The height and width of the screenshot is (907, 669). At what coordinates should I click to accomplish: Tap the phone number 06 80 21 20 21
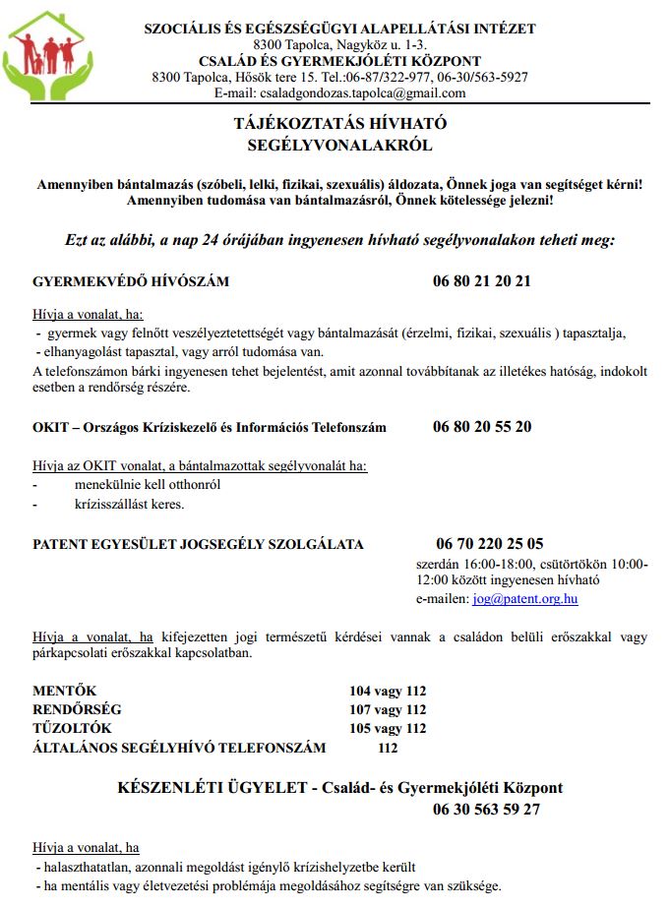coord(482,281)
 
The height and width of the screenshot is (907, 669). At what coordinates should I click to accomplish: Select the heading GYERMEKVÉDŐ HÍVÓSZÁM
coord(131,281)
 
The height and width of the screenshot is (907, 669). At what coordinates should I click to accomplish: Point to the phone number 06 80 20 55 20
coord(482,427)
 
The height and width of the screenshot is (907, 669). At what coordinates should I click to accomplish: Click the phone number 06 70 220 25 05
coord(490,544)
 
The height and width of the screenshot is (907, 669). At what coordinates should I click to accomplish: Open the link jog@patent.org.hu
coord(525,598)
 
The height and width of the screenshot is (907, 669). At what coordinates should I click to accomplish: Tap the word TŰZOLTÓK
coord(73,728)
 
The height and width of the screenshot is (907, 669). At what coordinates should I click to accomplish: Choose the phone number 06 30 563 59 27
coord(486,811)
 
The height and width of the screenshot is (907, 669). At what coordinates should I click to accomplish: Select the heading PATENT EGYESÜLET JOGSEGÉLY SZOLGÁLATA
coord(198,544)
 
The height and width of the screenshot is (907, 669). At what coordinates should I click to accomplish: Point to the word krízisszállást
coord(114,505)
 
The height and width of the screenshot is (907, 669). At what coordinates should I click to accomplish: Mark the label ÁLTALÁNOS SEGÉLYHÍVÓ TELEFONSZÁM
coord(179,748)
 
